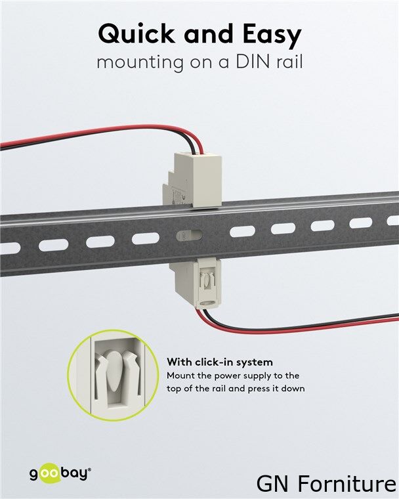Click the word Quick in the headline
point(136,33)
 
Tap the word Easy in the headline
point(272,35)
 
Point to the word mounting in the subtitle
point(140,63)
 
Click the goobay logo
point(60,474)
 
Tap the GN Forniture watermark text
point(326,484)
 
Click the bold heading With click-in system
point(220,362)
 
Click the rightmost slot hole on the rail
point(393,220)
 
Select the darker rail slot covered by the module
point(189,236)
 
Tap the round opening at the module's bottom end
point(209,303)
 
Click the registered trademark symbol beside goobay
point(89,469)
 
